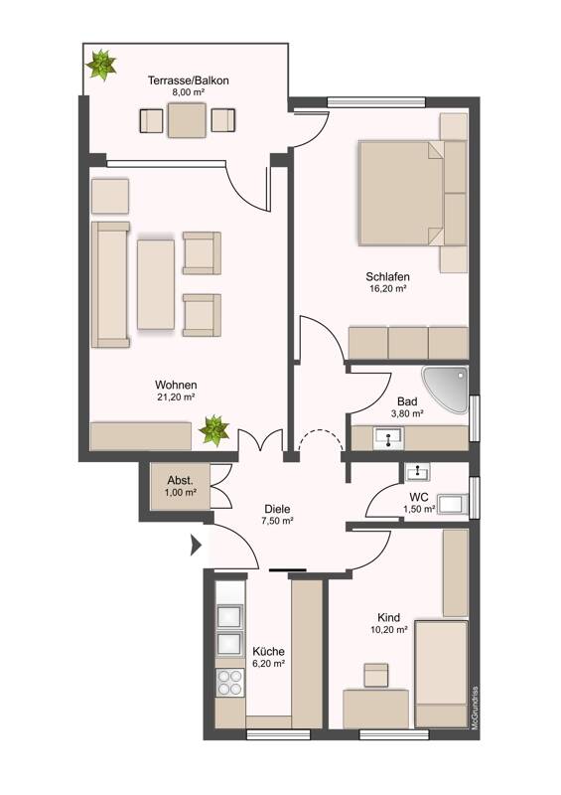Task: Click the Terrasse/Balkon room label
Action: [x=188, y=80]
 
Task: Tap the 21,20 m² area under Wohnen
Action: [x=176, y=397]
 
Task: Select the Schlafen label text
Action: [x=387, y=277]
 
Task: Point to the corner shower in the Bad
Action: [x=445, y=390]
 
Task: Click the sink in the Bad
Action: [x=388, y=437]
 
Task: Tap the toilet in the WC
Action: [x=453, y=504]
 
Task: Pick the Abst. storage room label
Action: [x=181, y=481]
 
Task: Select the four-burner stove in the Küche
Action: [x=229, y=682]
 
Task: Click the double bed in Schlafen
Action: [x=401, y=193]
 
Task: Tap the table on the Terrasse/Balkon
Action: [x=187, y=120]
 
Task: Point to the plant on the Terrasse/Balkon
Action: [x=102, y=65]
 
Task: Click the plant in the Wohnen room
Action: [x=213, y=430]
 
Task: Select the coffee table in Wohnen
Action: [x=156, y=284]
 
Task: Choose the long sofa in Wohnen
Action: [x=110, y=284]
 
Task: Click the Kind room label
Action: [x=388, y=617]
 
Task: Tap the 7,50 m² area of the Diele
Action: [x=277, y=521]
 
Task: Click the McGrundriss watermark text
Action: [x=475, y=708]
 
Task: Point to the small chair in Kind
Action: [x=375, y=675]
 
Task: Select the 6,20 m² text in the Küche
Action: [x=269, y=663]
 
